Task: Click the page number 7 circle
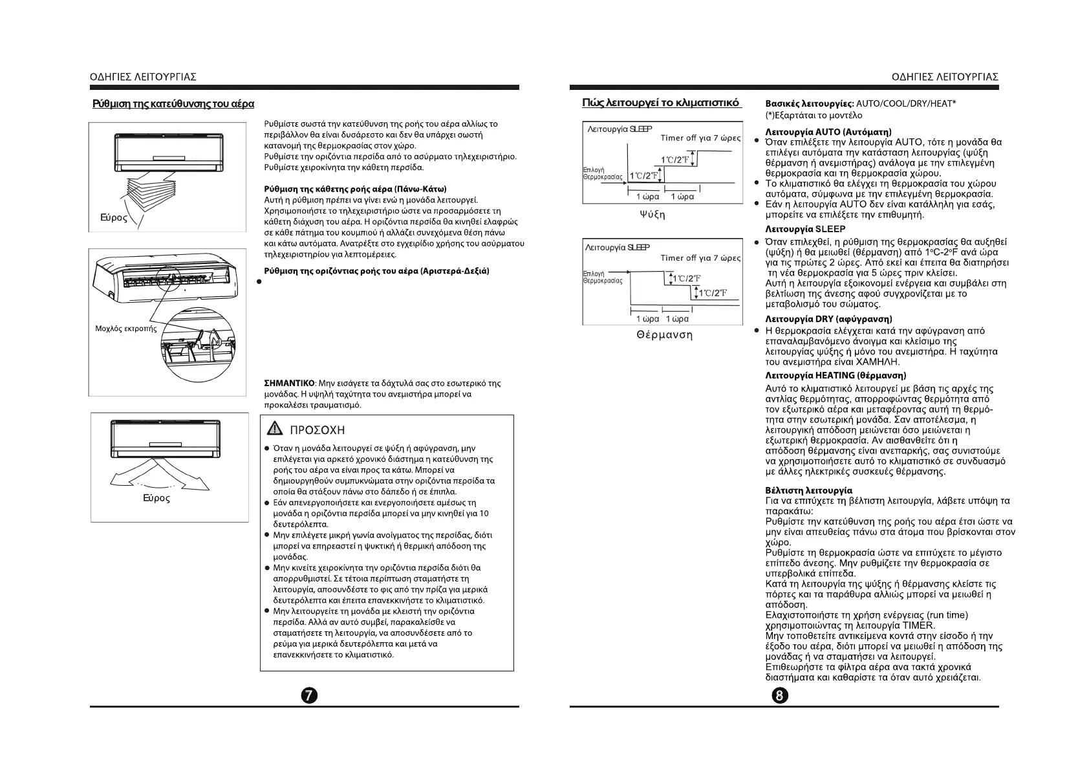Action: (310, 695)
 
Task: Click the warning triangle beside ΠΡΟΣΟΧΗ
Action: (275, 429)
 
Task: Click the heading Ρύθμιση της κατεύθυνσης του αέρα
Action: (173, 104)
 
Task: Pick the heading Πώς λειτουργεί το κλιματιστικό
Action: (660, 103)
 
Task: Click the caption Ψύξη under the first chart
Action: (651, 214)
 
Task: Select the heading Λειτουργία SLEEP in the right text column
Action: (804, 229)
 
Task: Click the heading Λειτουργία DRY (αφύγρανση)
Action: (828, 319)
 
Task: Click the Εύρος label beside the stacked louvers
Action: (114, 218)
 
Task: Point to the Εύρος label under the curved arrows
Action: (156, 498)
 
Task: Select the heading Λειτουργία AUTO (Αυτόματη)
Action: (828, 132)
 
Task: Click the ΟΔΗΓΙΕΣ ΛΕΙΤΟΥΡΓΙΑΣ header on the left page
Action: (143, 77)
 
